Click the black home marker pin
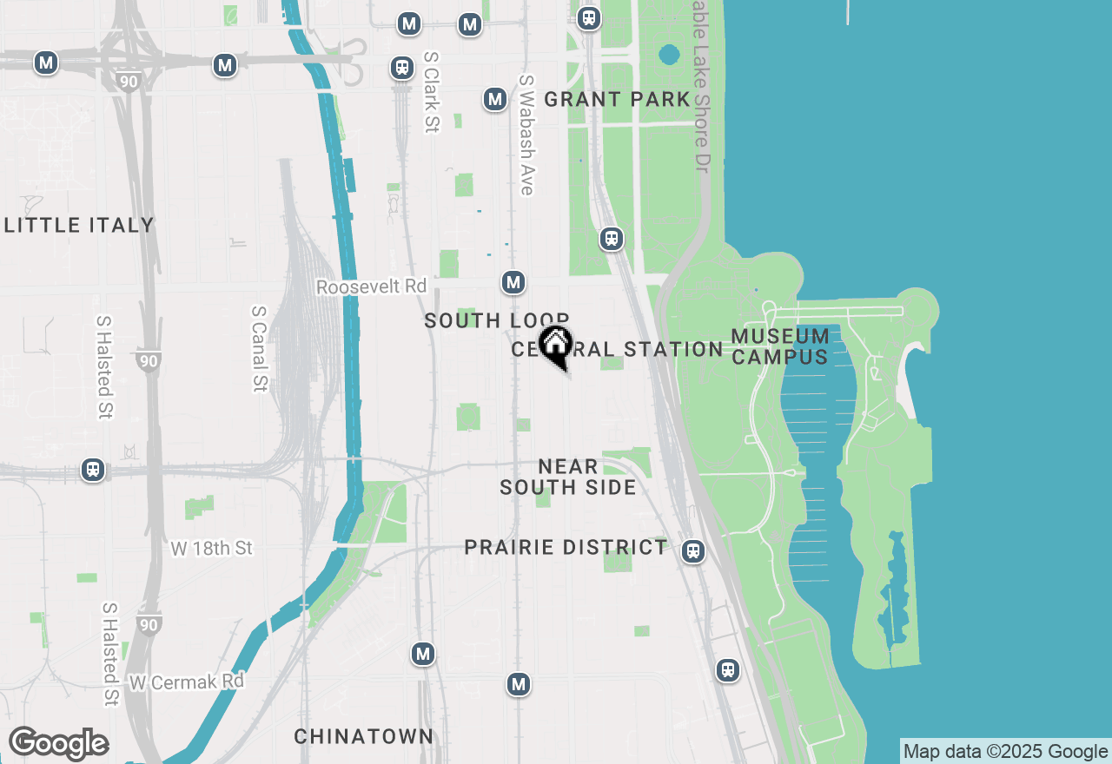click(555, 345)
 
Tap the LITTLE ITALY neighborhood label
click(79, 226)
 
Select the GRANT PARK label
click(617, 100)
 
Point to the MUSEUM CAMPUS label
click(779, 346)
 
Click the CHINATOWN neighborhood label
click(363, 737)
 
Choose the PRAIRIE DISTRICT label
click(566, 548)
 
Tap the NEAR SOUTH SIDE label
click(568, 477)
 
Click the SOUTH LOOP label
click(496, 321)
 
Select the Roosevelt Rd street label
click(371, 286)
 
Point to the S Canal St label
click(258, 348)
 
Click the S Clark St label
click(432, 92)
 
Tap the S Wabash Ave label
click(526, 135)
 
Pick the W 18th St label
click(211, 549)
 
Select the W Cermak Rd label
click(186, 682)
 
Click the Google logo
click(58, 744)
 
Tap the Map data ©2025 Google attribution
click(1005, 752)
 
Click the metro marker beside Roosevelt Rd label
click(513, 282)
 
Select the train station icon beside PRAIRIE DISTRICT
click(692, 550)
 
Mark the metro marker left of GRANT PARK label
click(495, 99)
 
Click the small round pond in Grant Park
click(669, 55)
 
